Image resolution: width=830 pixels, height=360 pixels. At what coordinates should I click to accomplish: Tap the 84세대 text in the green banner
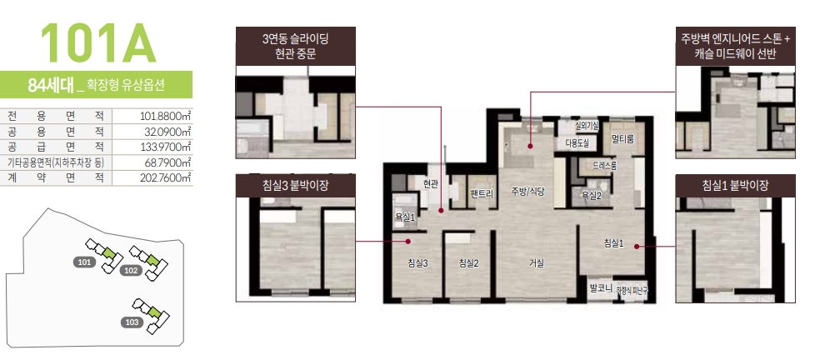(x=50, y=85)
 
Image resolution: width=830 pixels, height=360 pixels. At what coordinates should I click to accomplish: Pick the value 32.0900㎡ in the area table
(x=167, y=131)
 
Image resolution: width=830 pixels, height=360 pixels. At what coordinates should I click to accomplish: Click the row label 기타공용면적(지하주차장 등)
(x=55, y=162)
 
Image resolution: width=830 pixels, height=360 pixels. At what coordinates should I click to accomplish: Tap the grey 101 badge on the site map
(x=83, y=262)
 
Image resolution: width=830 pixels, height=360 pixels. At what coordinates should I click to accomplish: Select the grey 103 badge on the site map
(x=131, y=322)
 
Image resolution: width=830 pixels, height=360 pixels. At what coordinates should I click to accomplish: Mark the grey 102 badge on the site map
(x=130, y=271)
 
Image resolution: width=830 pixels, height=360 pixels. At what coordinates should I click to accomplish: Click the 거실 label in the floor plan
(x=536, y=263)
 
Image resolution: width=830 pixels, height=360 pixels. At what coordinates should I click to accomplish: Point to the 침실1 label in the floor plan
(x=613, y=243)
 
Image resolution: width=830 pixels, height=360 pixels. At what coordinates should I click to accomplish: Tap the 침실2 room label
(x=468, y=263)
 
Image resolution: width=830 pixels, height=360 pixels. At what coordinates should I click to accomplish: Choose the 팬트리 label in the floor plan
(x=482, y=193)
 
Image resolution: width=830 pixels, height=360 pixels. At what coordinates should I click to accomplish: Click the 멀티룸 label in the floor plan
(x=622, y=139)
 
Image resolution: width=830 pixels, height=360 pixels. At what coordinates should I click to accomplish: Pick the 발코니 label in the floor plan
(x=601, y=288)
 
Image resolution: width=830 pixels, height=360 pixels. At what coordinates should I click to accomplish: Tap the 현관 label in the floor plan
(x=430, y=184)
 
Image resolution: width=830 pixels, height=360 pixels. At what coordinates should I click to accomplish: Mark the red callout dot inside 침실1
(x=636, y=246)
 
